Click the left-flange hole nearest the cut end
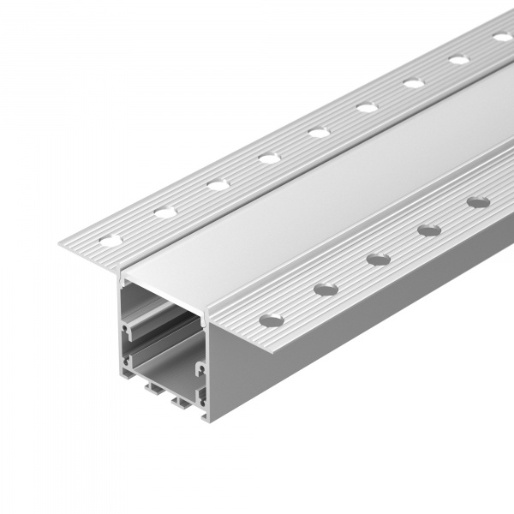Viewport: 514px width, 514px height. tap(111, 239)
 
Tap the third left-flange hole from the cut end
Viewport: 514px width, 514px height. tap(218, 184)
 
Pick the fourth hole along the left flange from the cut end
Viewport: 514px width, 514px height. tap(269, 158)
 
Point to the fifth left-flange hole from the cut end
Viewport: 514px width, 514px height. tap(319, 132)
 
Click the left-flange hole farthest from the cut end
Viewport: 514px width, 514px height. tap(503, 37)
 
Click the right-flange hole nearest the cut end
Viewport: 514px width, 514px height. tap(271, 320)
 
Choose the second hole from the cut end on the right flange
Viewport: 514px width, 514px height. tap(325, 289)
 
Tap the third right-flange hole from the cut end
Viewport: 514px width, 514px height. tap(378, 258)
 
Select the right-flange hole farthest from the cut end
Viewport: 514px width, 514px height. tap(478, 202)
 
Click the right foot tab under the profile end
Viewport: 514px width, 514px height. tap(182, 399)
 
